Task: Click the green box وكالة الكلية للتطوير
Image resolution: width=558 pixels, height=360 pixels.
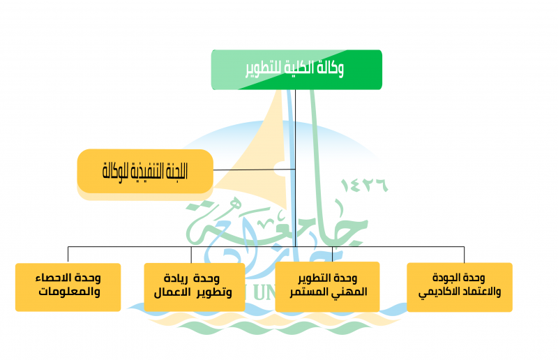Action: tap(296, 69)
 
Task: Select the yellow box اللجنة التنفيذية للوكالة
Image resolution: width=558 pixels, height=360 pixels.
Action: tap(145, 170)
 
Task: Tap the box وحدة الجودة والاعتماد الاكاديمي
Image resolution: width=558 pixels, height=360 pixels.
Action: tap(459, 286)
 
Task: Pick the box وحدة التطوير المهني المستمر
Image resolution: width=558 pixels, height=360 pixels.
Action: tap(328, 286)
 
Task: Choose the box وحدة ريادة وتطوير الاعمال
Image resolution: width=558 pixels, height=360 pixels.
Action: tap(195, 287)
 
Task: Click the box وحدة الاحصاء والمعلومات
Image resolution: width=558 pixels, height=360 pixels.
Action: tap(68, 287)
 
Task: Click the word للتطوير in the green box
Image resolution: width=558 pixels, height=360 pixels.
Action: tap(262, 69)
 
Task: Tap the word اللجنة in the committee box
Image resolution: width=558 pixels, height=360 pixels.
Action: tap(173, 170)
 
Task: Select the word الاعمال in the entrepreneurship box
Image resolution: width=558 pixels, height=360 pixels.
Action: tap(177, 293)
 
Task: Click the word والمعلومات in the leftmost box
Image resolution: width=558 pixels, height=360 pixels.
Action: tap(68, 293)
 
